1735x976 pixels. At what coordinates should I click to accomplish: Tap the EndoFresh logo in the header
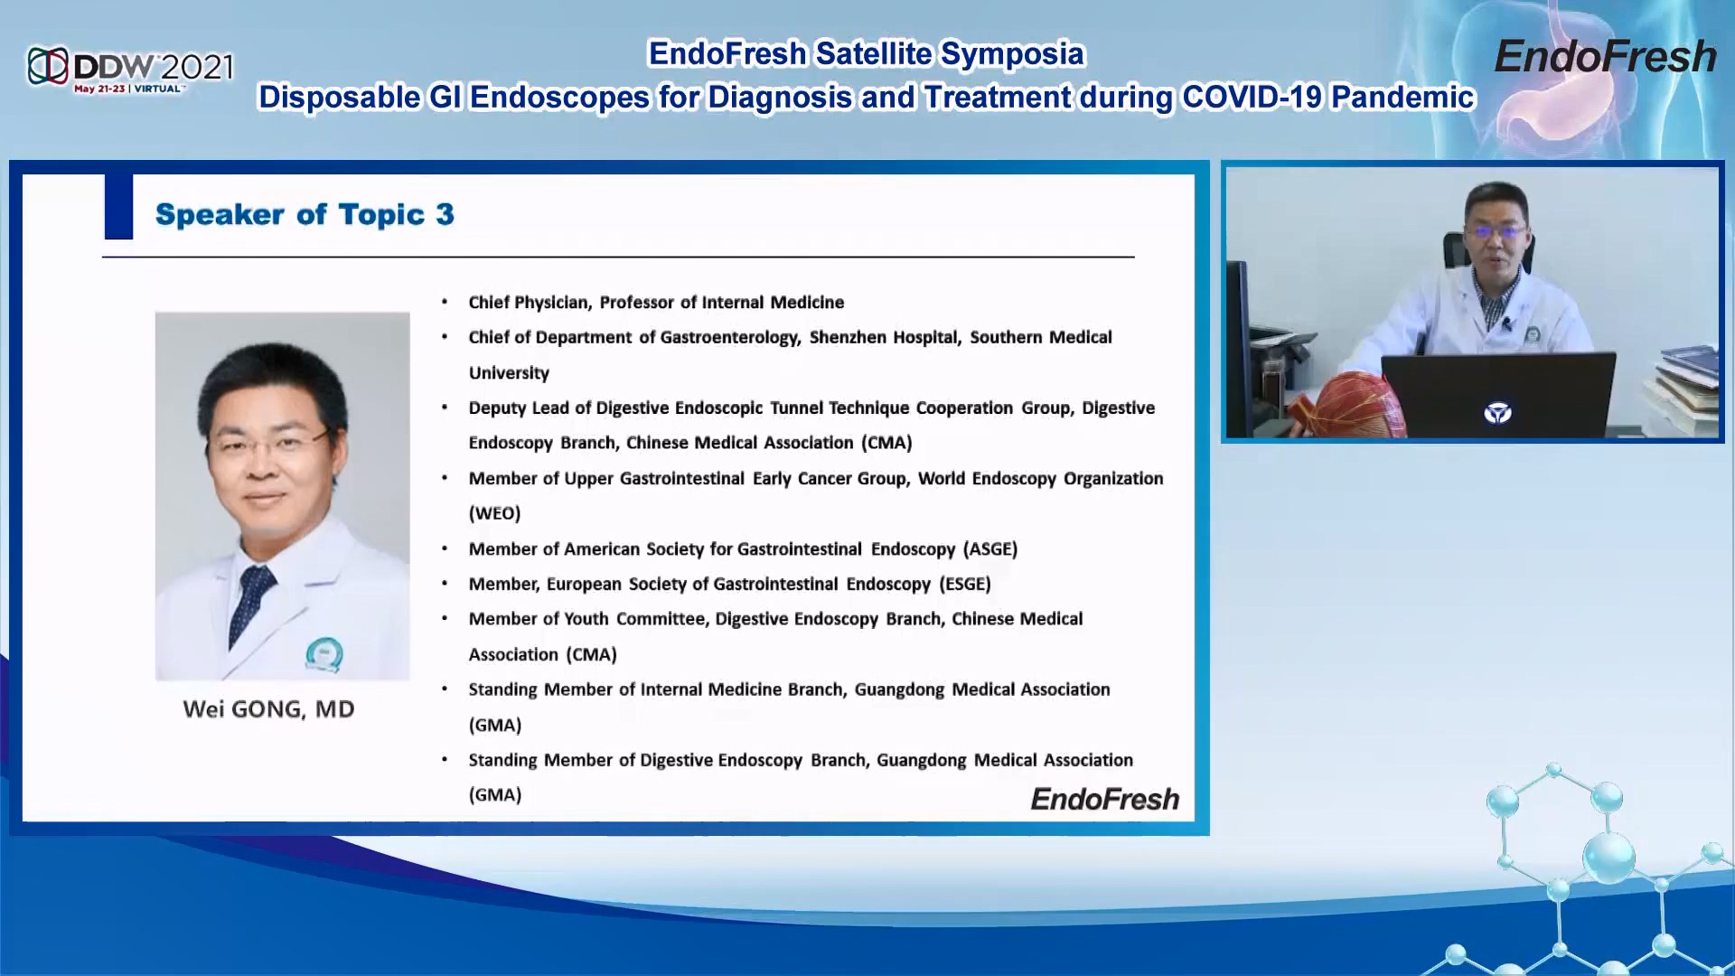[1605, 57]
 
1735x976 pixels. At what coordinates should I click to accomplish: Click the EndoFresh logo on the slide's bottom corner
[1105, 799]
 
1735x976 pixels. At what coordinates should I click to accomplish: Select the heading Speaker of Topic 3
[305, 214]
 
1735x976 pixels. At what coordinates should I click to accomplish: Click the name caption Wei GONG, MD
[268, 709]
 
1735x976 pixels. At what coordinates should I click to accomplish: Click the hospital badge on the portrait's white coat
[324, 654]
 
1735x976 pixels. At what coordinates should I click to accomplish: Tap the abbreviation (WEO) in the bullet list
[494, 513]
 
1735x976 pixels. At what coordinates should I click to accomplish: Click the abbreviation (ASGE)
[990, 549]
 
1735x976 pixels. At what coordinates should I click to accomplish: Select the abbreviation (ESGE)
[965, 584]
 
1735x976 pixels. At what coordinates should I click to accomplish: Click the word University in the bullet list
[509, 372]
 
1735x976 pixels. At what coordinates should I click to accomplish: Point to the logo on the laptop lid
[1497, 413]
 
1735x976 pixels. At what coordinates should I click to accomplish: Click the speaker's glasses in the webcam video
[1496, 232]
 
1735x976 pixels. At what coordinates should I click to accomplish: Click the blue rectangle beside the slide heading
[118, 207]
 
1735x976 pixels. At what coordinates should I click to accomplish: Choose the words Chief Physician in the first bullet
[530, 303]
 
